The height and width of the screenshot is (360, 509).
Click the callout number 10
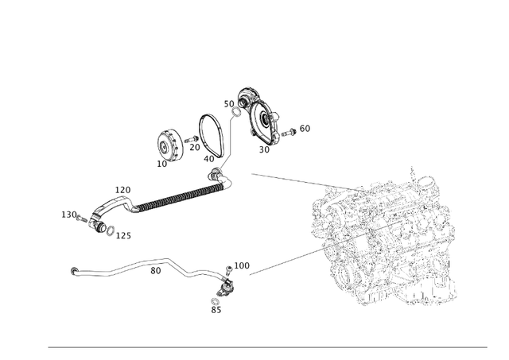point(162,164)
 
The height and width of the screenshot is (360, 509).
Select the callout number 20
point(194,147)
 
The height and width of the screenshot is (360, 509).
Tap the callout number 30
point(263,149)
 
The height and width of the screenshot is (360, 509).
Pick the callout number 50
point(228,104)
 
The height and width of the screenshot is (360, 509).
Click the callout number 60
point(305,128)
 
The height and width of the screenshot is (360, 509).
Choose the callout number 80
point(156,270)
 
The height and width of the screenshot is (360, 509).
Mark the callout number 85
point(216,310)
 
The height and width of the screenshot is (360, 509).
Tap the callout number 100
point(242,265)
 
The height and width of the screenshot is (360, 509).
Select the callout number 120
point(122,191)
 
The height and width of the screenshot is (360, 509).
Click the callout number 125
point(124,236)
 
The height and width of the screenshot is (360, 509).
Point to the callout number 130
point(69,215)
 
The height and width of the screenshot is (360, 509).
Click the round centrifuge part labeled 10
point(168,145)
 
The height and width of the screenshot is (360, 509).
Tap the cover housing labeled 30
point(262,119)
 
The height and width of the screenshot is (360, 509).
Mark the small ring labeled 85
point(215,300)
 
